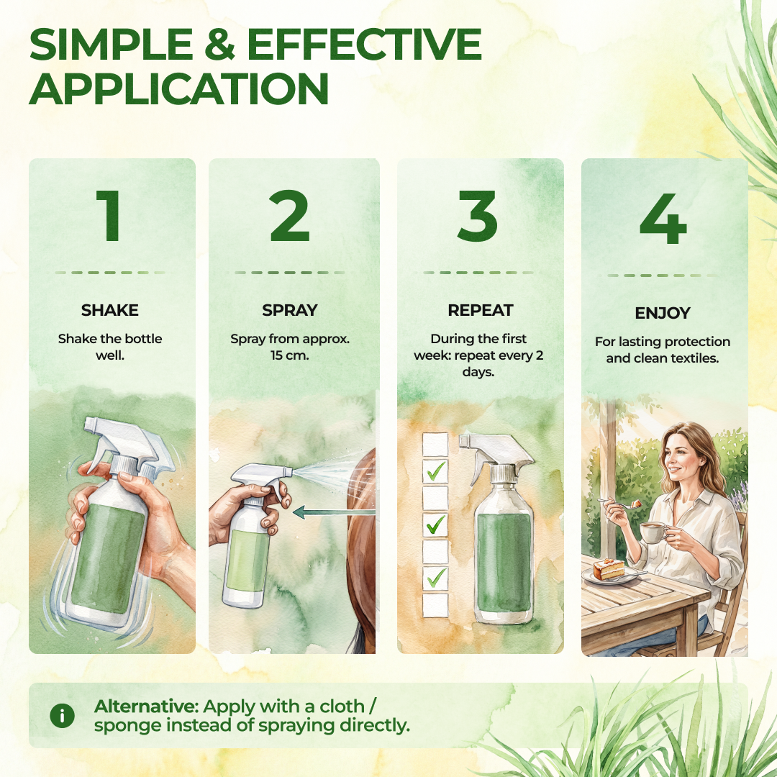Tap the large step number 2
(289, 216)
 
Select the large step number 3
(477, 216)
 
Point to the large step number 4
(663, 219)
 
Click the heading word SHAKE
(110, 310)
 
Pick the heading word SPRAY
(289, 310)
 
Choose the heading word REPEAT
(480, 310)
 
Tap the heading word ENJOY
(663, 313)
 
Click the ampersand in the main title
(219, 44)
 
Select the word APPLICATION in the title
(179, 88)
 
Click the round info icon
(63, 716)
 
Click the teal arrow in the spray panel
(334, 512)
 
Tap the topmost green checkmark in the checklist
(435, 471)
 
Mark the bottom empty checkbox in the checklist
(435, 604)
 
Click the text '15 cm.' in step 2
(289, 355)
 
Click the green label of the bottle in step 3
(504, 562)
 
